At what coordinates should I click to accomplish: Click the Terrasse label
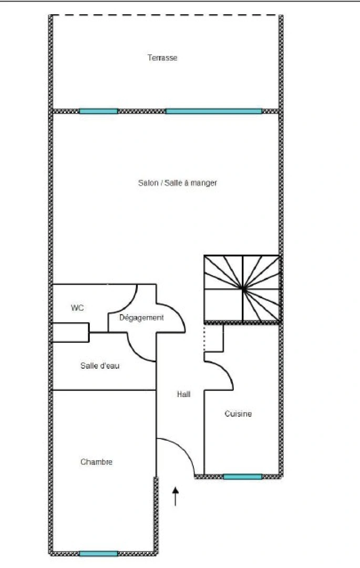[162, 58]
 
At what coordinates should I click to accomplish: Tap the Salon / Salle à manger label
[178, 183]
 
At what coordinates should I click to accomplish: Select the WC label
[77, 308]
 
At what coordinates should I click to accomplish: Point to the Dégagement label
[141, 318]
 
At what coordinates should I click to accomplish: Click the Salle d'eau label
[100, 366]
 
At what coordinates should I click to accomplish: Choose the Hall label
[183, 394]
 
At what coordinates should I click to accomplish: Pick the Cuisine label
[238, 414]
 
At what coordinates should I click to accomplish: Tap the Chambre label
[96, 462]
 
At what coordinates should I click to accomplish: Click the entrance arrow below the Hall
[176, 496]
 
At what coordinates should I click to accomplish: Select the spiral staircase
[242, 288]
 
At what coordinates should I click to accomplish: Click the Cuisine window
[242, 477]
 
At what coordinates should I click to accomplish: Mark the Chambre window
[98, 553]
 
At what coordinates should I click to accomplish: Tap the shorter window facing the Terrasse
[98, 111]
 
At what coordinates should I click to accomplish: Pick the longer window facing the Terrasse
[213, 111]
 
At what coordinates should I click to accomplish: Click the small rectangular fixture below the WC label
[70, 332]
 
